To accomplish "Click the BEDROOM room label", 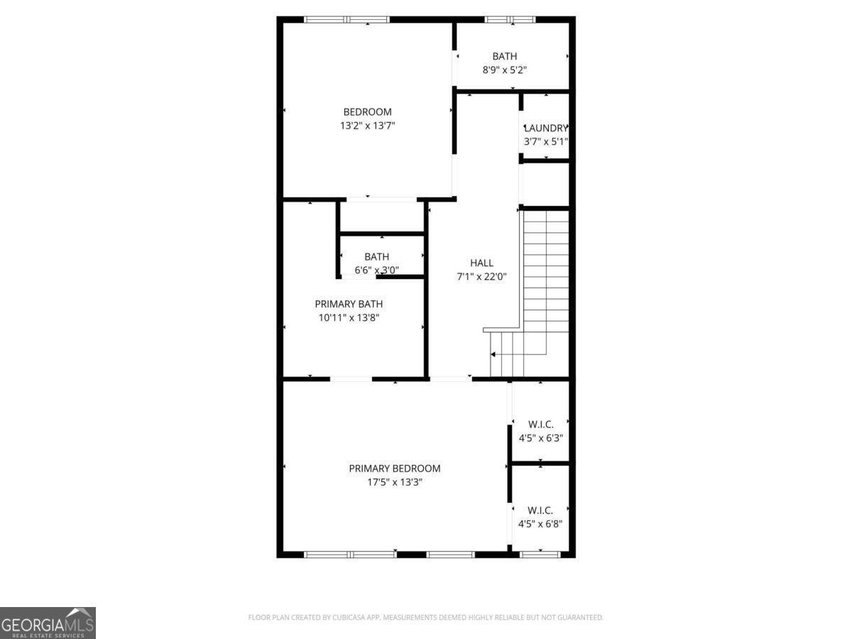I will [x=367, y=111].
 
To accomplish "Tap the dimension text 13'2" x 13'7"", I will [x=367, y=126].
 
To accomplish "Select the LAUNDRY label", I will [x=546, y=128].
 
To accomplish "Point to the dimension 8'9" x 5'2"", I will [x=504, y=70].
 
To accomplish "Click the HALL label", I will [x=481, y=263].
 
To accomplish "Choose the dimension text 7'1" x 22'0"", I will [x=481, y=276].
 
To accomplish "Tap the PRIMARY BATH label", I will [x=349, y=304].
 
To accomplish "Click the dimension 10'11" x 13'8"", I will [x=349, y=317].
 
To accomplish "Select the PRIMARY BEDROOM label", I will [x=394, y=469].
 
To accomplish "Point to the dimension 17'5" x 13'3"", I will [x=394, y=482].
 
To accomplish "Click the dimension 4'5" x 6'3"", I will [x=540, y=438].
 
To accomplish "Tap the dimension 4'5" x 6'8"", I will [x=540, y=524].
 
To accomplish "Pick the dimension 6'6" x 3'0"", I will [x=376, y=270].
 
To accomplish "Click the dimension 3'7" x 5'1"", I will [x=546, y=141].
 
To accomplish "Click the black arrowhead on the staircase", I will [x=493, y=354].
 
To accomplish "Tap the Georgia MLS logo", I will [x=48, y=623].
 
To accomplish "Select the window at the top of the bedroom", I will [x=346, y=19].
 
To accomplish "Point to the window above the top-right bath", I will [x=509, y=19].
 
